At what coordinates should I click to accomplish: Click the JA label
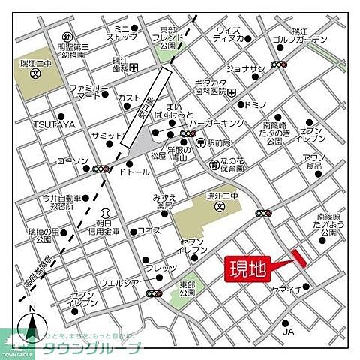coord(287,331)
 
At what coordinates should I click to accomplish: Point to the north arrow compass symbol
coord(31,324)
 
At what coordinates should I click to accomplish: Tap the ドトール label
coord(133,172)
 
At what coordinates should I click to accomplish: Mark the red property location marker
coord(300,257)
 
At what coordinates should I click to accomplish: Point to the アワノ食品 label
coord(313,161)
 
